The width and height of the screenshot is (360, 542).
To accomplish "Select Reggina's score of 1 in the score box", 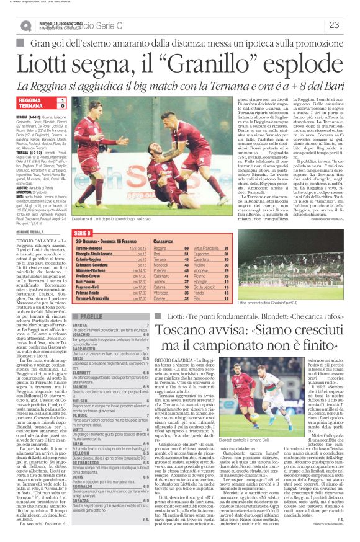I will (63, 99).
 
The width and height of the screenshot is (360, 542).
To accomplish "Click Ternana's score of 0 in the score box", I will (63, 106).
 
